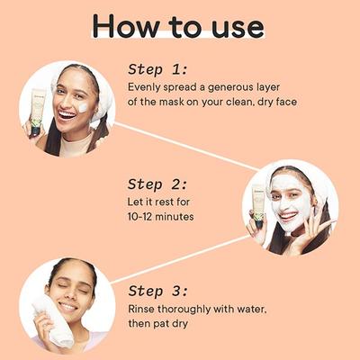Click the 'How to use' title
pyautogui.click(x=178, y=25)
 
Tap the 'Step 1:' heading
pyautogui.click(x=157, y=70)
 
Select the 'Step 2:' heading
pyautogui.click(x=157, y=184)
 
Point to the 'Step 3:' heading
pyautogui.click(x=158, y=291)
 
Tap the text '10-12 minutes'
pyautogui.click(x=161, y=216)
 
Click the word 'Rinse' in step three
pyautogui.click(x=141, y=309)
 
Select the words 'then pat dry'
pyautogui.click(x=158, y=323)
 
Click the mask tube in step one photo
pyautogui.click(x=37, y=112)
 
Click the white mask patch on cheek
pyautogui.click(x=83, y=107)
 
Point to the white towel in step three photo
pyautogui.click(x=54, y=321)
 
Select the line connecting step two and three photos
pyautogui.click(x=181, y=259)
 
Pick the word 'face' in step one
pyautogui.click(x=286, y=102)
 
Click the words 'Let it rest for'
pyautogui.click(x=158, y=202)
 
